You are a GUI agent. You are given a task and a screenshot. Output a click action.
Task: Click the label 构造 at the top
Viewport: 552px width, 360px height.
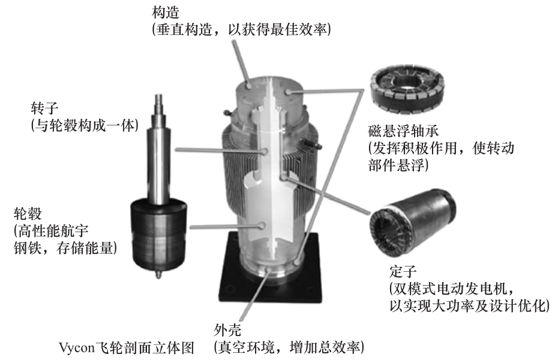tap(166, 13)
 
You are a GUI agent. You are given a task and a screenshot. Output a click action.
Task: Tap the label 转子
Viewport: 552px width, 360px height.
tap(44, 109)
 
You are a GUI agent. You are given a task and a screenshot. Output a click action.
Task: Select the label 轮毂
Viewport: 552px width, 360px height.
tap(28, 214)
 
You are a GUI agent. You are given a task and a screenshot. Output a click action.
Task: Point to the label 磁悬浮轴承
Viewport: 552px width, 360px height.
tap(403, 131)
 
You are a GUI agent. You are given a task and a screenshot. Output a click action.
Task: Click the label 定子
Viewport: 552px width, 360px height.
tap(403, 271)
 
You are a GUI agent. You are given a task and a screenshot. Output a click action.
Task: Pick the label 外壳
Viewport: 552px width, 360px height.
tap(228, 330)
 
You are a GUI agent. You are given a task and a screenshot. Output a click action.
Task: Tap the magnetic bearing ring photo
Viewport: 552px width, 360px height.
tap(407, 91)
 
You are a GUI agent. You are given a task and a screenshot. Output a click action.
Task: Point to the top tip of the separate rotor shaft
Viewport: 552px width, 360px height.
tap(159, 94)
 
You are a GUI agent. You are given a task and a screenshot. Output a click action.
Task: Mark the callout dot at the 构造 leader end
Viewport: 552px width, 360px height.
tap(249, 86)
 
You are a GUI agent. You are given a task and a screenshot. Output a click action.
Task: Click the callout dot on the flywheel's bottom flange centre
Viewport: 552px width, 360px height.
tap(270, 269)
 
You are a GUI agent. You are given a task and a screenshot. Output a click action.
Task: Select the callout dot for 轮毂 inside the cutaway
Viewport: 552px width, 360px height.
tap(262, 226)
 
